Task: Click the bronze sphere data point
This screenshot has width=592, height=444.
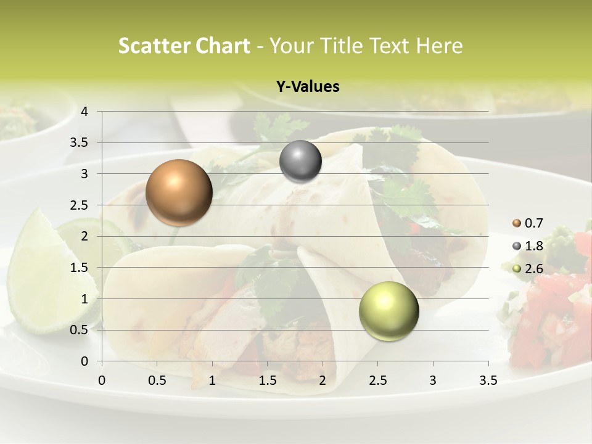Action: coord(179,192)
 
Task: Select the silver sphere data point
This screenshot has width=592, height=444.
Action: coord(300,162)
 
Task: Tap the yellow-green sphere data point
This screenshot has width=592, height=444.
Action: coord(388,311)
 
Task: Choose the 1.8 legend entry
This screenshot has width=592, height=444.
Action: coord(528,246)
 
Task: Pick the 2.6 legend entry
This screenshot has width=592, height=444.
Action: coord(528,268)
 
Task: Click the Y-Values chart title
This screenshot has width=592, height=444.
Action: coord(308,87)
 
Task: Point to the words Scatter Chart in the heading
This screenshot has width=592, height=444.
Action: coord(184,46)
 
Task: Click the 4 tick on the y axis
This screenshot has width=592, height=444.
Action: coord(85,112)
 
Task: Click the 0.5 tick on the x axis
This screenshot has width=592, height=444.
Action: coord(157,380)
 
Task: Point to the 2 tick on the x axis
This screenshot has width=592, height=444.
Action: coord(323,380)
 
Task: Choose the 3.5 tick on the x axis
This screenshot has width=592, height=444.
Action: coord(488,380)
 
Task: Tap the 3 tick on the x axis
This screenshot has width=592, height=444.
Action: coord(433,380)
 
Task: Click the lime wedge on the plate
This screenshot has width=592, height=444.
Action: coord(49,271)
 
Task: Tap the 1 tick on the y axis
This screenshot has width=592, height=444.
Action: coord(85,299)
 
